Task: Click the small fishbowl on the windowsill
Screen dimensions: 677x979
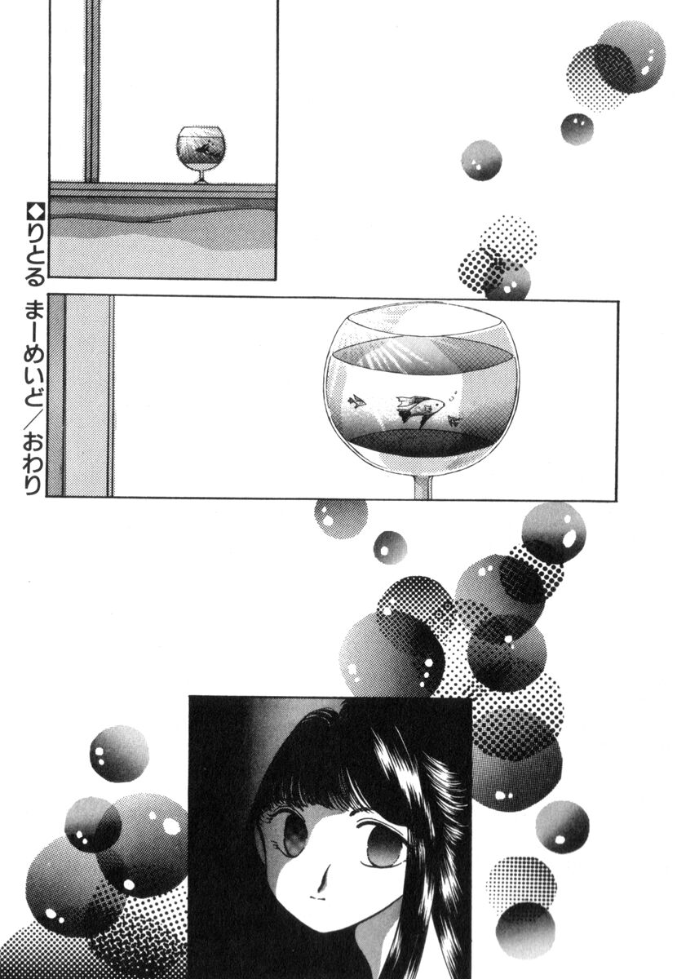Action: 201,154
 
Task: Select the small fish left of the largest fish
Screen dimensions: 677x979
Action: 357,401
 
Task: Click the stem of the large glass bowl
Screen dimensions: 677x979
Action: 423,485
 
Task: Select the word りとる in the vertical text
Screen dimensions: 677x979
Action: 35,255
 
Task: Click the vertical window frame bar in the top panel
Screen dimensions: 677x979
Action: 92,91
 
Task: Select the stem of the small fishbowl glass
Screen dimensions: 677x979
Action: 201,176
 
